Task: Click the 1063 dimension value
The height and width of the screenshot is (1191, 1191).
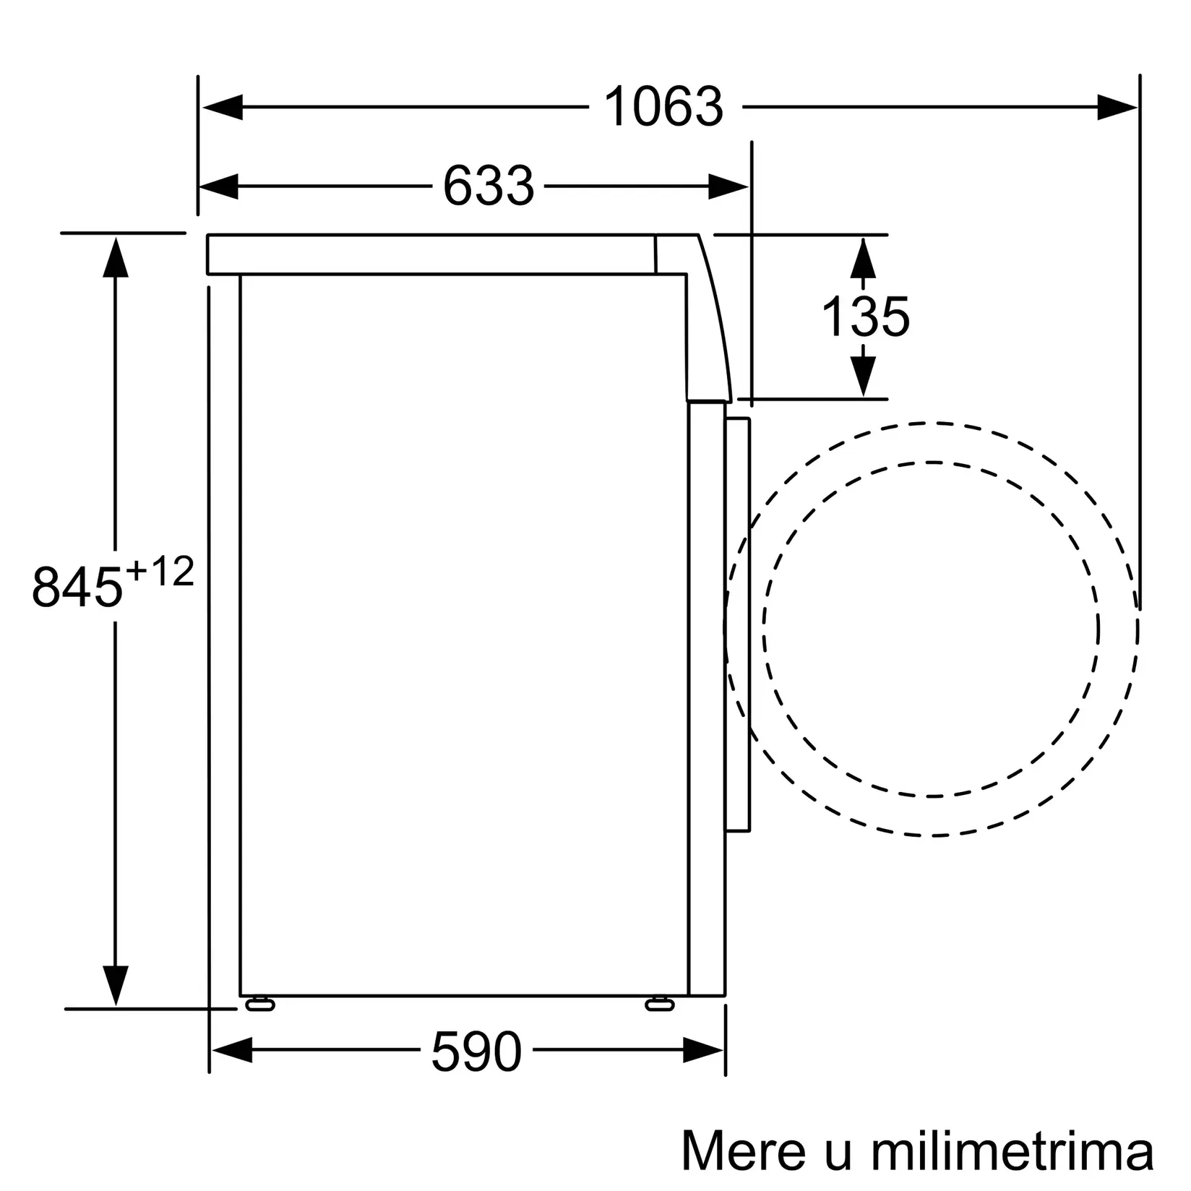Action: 663,108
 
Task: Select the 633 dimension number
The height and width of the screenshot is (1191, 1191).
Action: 488,186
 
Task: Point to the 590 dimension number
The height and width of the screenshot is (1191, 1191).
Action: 476,1052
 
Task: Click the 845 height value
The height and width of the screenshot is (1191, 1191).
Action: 77,587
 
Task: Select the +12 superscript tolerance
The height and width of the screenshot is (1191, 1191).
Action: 160,573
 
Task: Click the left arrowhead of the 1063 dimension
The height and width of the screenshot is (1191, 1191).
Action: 221,108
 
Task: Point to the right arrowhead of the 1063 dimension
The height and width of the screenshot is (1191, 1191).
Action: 1117,108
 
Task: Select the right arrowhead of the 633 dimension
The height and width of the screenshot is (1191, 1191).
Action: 728,186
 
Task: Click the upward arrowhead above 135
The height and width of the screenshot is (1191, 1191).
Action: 863,259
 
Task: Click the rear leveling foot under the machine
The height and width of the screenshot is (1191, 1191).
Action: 260,1004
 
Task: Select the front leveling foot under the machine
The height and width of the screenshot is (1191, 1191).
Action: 659,1004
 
